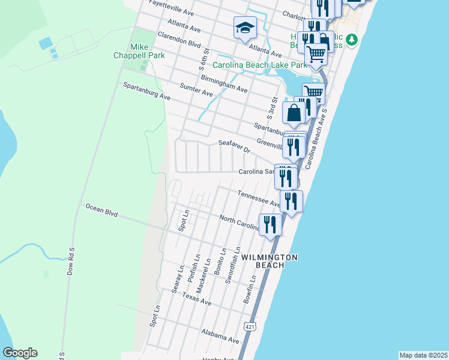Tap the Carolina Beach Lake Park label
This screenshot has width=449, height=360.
pyautogui.click(x=255, y=65)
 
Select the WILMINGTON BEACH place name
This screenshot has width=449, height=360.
pyautogui.click(x=270, y=260)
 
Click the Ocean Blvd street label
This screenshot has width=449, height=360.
pyautogui.click(x=101, y=210)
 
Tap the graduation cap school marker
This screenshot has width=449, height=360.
pyautogui.click(x=245, y=28)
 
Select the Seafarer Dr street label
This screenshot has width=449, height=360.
pyautogui.click(x=234, y=146)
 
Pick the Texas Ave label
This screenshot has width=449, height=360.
pyautogui.click(x=197, y=298)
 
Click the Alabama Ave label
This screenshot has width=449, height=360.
pyautogui.click(x=217, y=334)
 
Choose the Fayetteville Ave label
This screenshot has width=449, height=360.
pyautogui.click(x=171, y=7)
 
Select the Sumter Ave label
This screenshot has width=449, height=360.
pyautogui.click(x=196, y=90)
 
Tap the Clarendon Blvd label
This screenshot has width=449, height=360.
pyautogui.click(x=178, y=39)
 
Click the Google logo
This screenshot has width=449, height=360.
pyautogui.click(x=20, y=353)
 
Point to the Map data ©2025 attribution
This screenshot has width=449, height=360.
pyautogui.click(x=423, y=355)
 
